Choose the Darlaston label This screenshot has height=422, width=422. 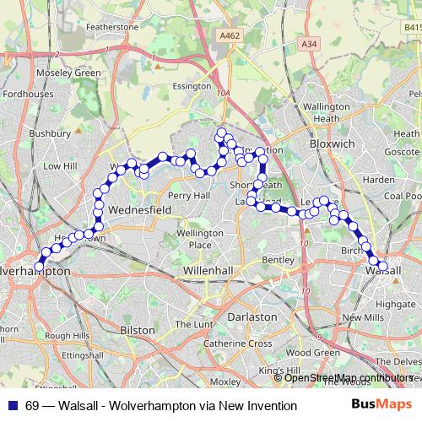[x=253, y=316]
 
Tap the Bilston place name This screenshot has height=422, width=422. [x=138, y=329]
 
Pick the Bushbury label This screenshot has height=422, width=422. [x=50, y=133]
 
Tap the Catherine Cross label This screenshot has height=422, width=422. [x=237, y=344]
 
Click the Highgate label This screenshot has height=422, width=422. [x=395, y=303]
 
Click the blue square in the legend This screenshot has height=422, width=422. [x=14, y=406]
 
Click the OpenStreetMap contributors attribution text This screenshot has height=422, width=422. [x=349, y=378]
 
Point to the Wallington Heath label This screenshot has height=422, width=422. [x=326, y=113]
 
